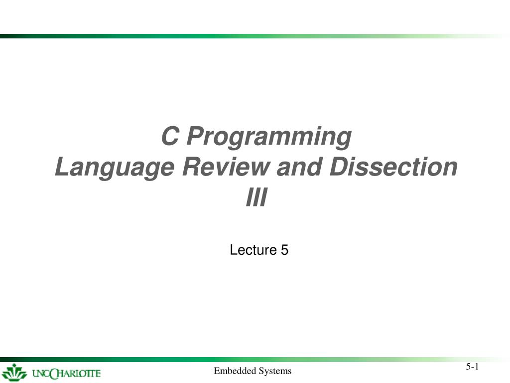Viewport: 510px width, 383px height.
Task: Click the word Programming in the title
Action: coord(269,137)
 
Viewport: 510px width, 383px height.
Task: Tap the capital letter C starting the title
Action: coord(170,136)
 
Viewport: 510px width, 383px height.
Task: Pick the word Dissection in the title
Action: coord(393,167)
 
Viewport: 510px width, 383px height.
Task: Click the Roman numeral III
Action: coord(256,196)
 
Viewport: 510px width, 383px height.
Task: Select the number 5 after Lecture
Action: coord(284,250)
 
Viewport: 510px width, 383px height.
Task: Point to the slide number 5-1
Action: coord(472,367)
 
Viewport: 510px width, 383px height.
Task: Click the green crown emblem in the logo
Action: coord(14,373)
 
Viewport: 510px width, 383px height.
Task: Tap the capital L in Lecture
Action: coord(233,250)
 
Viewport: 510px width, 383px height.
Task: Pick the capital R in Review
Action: coord(192,167)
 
